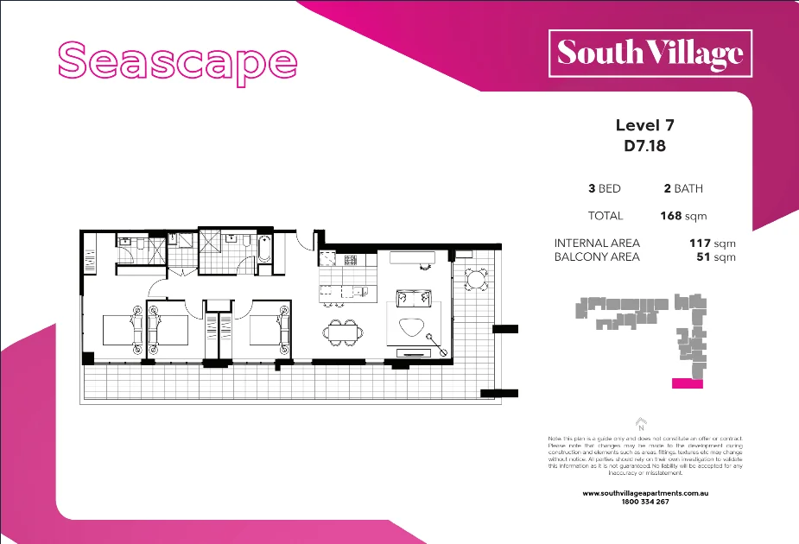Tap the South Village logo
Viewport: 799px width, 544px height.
click(650, 53)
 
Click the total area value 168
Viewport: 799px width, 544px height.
click(670, 216)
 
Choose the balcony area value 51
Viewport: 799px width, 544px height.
click(702, 256)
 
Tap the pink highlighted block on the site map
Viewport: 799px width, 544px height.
click(688, 383)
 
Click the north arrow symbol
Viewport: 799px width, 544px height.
click(641, 422)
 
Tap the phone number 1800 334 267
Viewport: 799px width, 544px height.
click(645, 502)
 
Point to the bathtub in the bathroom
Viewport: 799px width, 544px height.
click(263, 251)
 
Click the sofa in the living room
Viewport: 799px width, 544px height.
click(414, 299)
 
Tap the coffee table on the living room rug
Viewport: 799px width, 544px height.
click(412, 326)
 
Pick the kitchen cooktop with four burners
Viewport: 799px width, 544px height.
click(352, 259)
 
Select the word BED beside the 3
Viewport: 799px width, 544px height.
click(609, 188)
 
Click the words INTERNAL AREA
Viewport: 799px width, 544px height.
click(597, 244)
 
